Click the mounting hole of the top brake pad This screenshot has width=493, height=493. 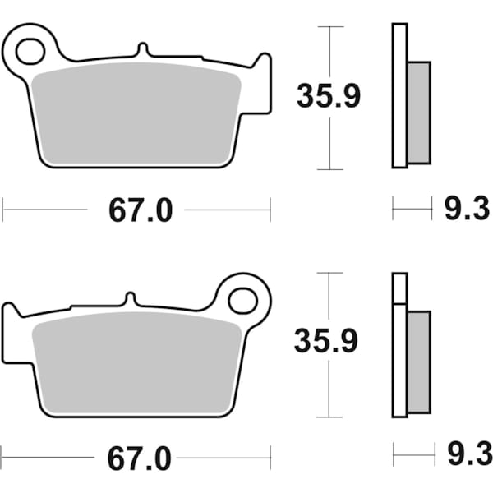pyautogui.click(x=30, y=51)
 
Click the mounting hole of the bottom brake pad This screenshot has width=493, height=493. pyautogui.click(x=243, y=300)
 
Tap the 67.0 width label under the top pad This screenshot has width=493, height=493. pyautogui.click(x=141, y=210)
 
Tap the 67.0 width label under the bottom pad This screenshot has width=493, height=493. pyautogui.click(x=141, y=457)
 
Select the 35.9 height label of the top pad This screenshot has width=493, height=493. pyautogui.click(x=329, y=98)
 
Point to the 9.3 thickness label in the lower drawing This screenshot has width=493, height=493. pyautogui.click(x=467, y=454)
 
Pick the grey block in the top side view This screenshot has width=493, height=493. pyautogui.click(x=419, y=113)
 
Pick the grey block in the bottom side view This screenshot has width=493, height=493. pyautogui.click(x=419, y=362)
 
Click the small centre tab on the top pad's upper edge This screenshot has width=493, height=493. pyautogui.click(x=141, y=50)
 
